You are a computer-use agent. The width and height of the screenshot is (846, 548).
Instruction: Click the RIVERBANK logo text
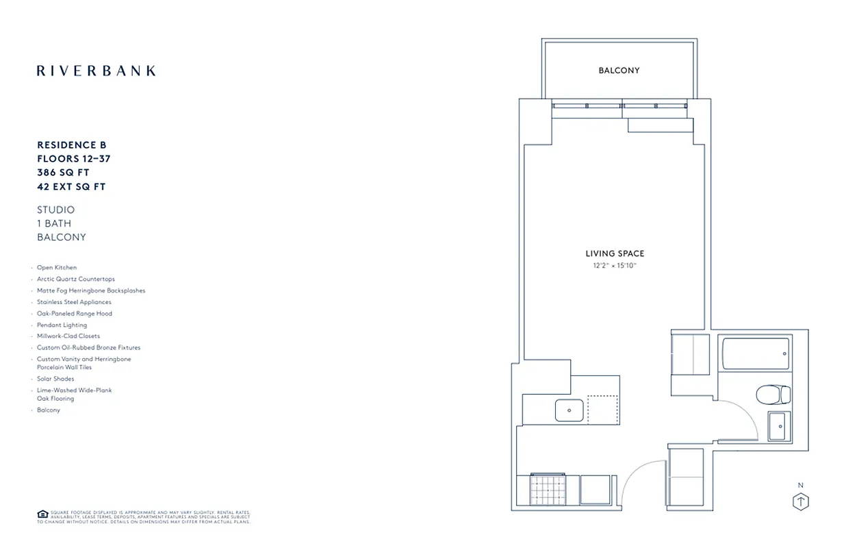[x=96, y=71]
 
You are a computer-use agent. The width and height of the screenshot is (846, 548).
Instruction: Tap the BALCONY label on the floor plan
[x=619, y=71]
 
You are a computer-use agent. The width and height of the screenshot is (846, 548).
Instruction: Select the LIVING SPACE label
[x=615, y=254]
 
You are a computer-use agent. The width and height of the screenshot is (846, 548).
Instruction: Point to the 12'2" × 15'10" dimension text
[x=615, y=265]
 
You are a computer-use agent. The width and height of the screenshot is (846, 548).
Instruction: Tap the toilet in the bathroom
[x=773, y=395]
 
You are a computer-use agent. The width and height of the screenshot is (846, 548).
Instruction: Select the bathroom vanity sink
[x=778, y=426]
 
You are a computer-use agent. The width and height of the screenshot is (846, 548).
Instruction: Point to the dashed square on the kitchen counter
[x=602, y=410]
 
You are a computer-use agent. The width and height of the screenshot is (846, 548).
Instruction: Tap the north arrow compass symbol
[x=800, y=501]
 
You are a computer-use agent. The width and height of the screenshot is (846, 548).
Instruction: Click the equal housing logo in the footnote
[x=42, y=514]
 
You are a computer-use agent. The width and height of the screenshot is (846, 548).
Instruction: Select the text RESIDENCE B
[x=72, y=145]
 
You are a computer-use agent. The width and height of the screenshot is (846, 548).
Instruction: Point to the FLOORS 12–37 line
[x=74, y=159]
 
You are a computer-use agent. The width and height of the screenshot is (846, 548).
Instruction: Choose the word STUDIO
[x=56, y=210]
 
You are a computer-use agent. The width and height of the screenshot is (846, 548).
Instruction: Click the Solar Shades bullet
[x=55, y=379]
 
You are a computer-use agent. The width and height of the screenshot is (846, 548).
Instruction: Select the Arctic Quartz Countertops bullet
[x=76, y=279]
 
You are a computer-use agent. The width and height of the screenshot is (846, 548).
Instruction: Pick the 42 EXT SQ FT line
[x=71, y=186]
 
